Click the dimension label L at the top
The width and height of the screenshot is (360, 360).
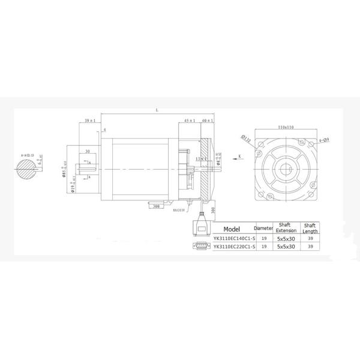(157, 110)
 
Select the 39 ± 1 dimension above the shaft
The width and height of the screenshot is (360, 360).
(91, 121)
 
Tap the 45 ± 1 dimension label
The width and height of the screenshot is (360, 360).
(190, 121)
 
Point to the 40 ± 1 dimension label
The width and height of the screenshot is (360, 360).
(208, 121)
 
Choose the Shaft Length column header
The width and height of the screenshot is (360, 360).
(310, 229)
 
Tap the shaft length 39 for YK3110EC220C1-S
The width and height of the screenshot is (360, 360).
(310, 246)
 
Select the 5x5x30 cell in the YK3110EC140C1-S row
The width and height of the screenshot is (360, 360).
(286, 238)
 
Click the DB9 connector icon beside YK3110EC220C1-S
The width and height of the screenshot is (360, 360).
(202, 246)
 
